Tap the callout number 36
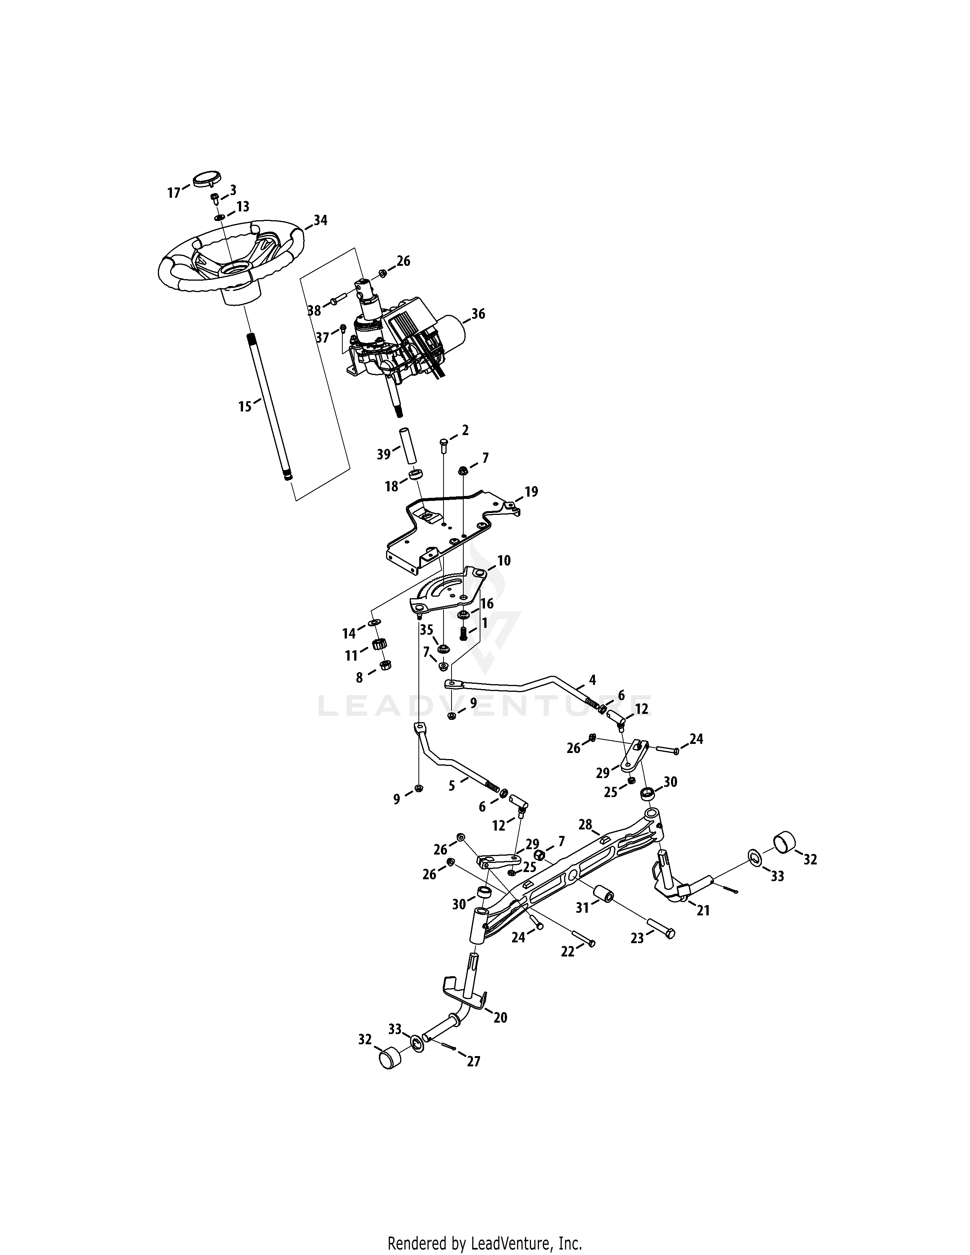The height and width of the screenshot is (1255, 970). click(478, 314)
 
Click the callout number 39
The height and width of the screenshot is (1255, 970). click(383, 454)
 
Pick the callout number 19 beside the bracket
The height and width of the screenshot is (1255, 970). click(531, 492)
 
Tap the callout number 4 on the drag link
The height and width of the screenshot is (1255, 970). click(592, 680)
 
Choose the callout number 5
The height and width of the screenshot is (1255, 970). click(452, 785)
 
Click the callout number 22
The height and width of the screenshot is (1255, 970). click(568, 952)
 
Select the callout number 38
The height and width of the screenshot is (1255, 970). click(314, 311)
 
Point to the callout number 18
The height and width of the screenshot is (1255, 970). click(391, 487)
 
